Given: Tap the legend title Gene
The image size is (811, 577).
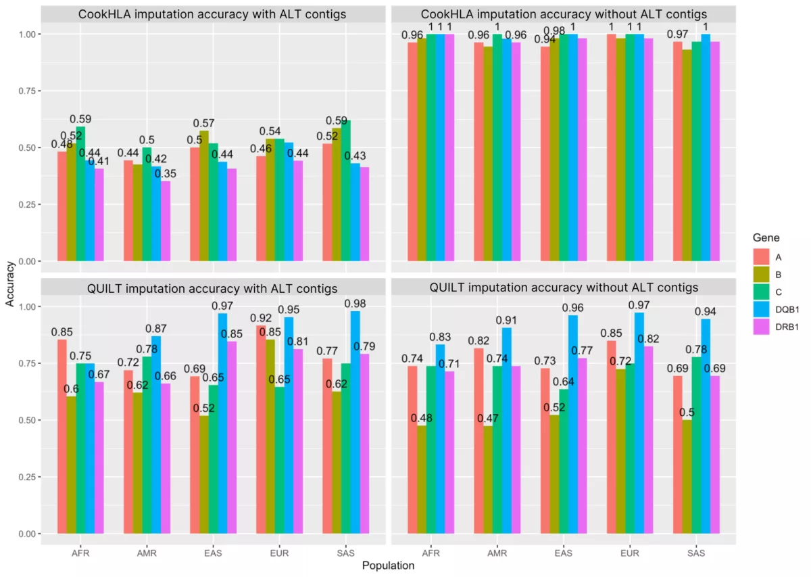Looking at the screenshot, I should (766, 238).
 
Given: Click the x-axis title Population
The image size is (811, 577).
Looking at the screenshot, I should (387, 566).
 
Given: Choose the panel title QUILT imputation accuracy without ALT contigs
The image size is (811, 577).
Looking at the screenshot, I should (564, 287).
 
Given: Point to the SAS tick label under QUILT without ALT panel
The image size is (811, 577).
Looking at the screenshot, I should (696, 553).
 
